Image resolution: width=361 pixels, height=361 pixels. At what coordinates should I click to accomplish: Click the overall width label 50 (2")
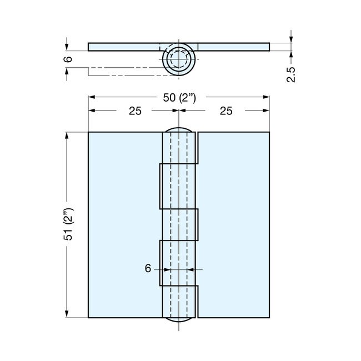coord(179,98)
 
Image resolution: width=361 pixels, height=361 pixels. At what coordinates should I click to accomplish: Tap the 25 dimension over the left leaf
coord(134,111)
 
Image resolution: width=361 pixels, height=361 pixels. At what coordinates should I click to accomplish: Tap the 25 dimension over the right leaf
coord(225,111)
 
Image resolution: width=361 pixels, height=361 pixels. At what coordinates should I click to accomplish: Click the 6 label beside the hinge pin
coord(148,268)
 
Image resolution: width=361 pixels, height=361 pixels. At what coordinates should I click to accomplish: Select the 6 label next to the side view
coord(67,59)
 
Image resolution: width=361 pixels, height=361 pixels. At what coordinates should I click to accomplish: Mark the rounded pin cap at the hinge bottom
coord(179,320)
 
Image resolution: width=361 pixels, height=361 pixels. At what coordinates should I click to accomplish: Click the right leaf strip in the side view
coord(233,47)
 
